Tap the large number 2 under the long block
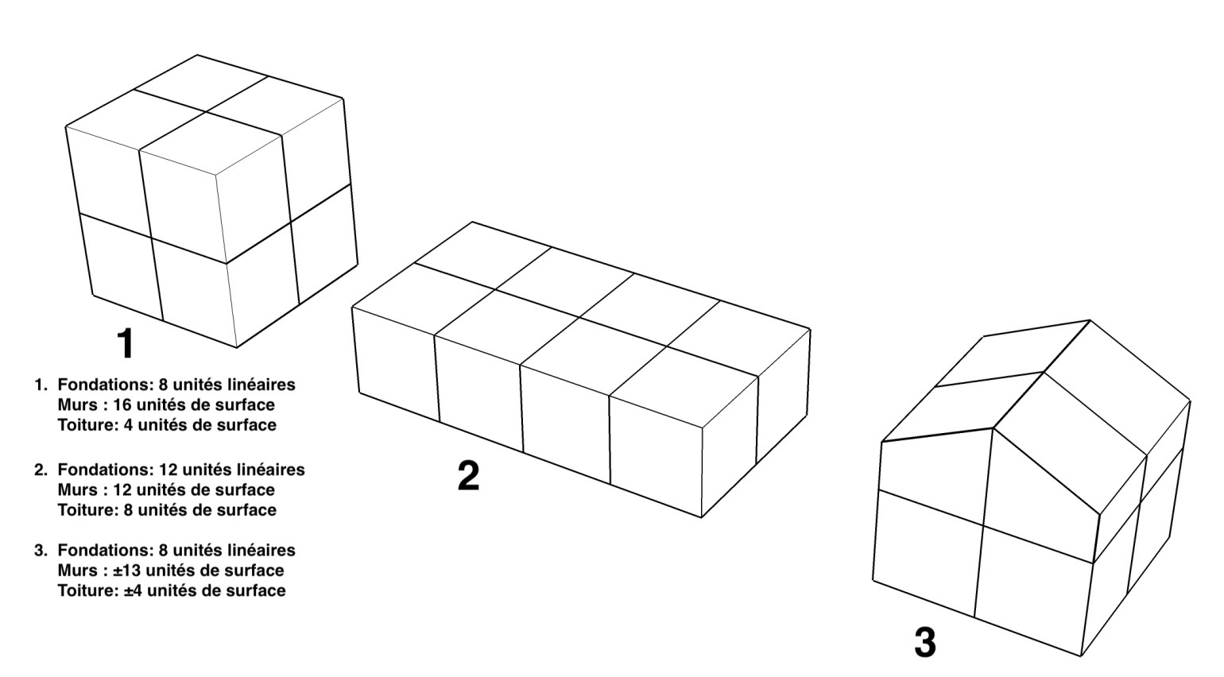click(468, 475)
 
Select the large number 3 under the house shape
click(925, 643)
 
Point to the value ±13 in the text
click(127, 571)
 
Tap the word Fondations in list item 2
click(106, 470)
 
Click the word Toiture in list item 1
click(85, 425)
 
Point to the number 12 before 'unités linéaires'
click(168, 470)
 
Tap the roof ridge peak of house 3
click(1090, 320)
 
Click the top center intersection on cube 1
click(206, 112)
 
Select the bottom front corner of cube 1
click(237, 347)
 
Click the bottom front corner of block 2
click(702, 517)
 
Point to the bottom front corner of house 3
click(1081, 656)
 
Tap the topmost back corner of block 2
click(472, 222)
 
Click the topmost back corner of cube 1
click(197, 55)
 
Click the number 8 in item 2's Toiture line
click(128, 510)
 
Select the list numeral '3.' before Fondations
click(41, 550)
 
